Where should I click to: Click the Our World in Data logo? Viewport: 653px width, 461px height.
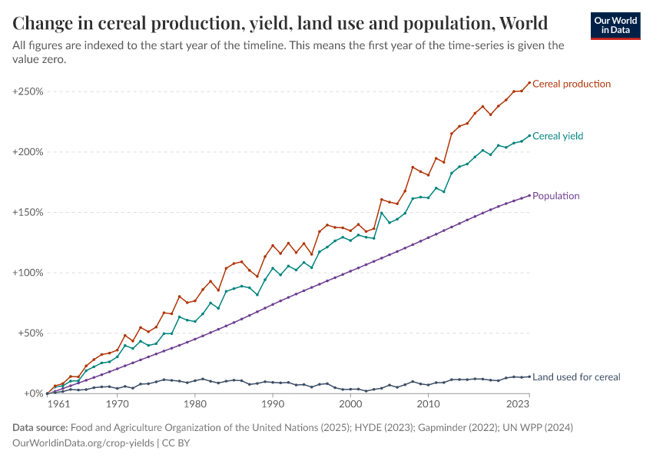click(x=615, y=25)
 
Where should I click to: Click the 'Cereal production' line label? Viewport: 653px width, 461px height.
click(x=571, y=84)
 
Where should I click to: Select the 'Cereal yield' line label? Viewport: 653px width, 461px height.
click(x=557, y=136)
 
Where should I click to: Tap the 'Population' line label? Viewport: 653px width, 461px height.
click(x=555, y=196)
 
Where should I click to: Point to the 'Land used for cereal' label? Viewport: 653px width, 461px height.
click(x=576, y=377)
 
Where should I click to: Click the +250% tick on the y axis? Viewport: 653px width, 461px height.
click(x=28, y=91)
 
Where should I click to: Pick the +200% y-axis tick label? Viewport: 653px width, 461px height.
click(x=28, y=152)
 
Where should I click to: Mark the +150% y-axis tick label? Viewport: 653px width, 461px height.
click(x=28, y=212)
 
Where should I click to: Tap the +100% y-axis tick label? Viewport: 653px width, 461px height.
click(x=28, y=273)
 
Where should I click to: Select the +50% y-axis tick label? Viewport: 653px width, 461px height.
click(x=30, y=333)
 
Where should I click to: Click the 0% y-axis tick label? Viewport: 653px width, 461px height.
click(x=33, y=393)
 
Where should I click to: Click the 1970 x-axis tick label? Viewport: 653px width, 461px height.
click(x=117, y=403)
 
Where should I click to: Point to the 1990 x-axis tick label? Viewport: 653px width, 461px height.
click(x=272, y=403)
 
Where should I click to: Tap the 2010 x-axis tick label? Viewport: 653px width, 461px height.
click(x=428, y=403)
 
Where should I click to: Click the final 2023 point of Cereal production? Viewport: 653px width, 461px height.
click(x=529, y=82)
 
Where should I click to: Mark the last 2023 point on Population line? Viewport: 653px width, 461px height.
click(x=529, y=195)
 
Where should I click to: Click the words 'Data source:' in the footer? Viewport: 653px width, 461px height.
click(x=41, y=427)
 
